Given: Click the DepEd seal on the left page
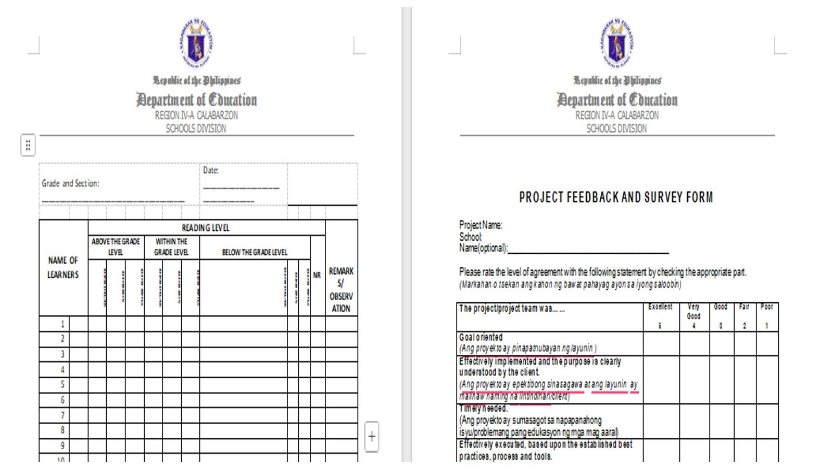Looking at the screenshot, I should (196, 44).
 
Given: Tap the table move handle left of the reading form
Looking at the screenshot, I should (28, 145).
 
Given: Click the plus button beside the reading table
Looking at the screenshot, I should (372, 437).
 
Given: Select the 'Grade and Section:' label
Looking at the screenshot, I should (70, 183).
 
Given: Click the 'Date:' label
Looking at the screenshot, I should (211, 170).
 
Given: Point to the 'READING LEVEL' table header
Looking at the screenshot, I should (206, 228).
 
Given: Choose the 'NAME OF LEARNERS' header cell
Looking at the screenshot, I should (63, 267).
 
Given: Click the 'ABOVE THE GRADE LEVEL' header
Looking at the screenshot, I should (116, 247).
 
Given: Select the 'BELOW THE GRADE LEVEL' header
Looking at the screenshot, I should (255, 252).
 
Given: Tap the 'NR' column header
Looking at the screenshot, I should (317, 275).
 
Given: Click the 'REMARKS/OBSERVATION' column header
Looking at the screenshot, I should (341, 289).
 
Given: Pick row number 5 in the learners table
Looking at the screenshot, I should (62, 385).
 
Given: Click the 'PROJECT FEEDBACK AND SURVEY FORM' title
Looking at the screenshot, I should (616, 198).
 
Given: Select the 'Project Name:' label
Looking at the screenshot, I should (481, 225).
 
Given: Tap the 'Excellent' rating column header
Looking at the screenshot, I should (660, 307).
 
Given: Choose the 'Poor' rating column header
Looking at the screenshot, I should (766, 307).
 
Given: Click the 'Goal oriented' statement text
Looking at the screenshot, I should (481, 337).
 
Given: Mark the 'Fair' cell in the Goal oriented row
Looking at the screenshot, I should (744, 344).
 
